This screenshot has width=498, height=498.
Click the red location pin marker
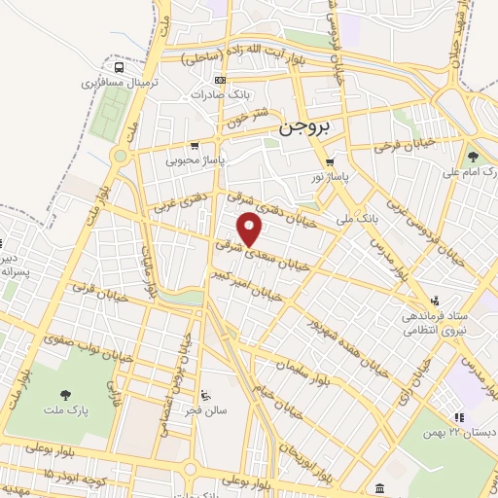coord(251,229)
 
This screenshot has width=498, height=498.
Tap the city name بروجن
coord(304,126)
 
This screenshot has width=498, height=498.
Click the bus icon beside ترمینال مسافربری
coord(119,68)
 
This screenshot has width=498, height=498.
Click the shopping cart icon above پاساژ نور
coord(330,162)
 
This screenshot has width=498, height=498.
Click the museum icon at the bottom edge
coord(377,486)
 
